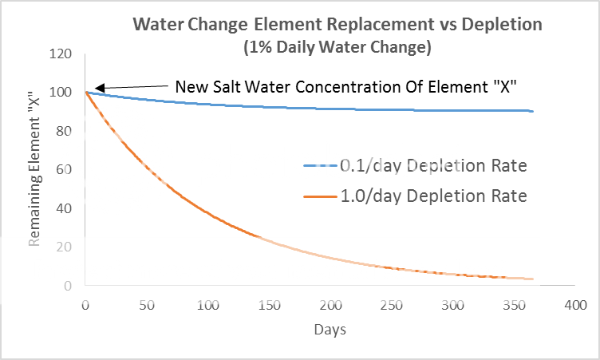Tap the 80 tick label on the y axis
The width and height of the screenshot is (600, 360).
pos(66,131)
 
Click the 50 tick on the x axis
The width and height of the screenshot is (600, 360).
pos(146,305)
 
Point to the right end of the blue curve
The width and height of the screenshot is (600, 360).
pos(532,111)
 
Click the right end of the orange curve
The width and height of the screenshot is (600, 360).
pos(532,279)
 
